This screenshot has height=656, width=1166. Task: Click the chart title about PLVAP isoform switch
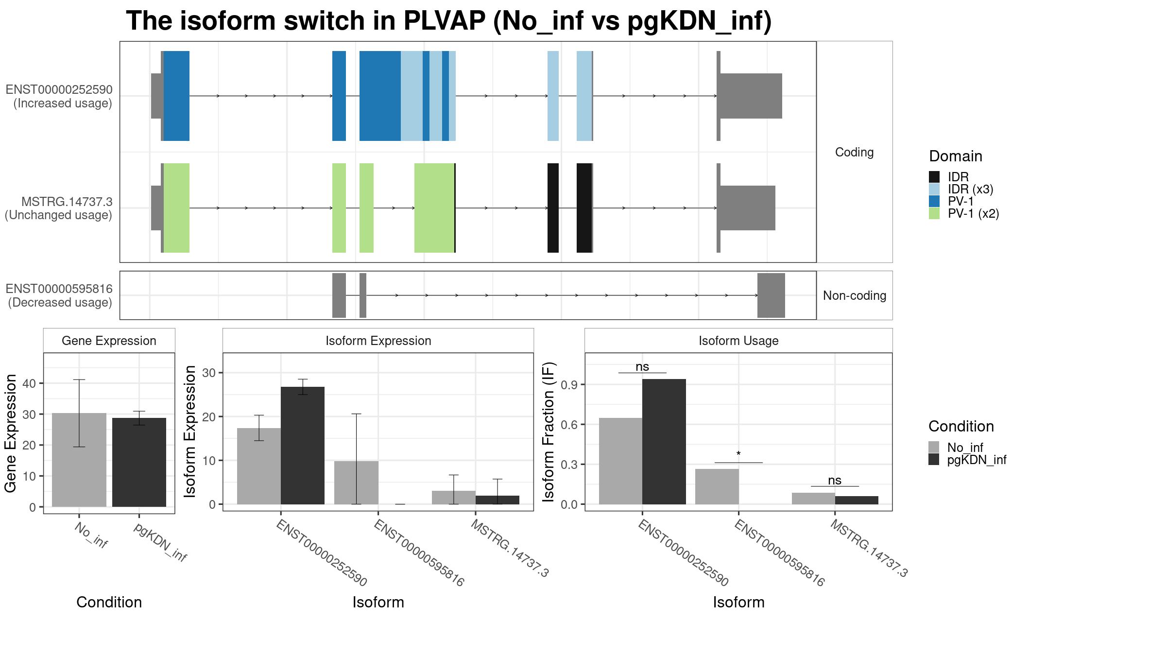point(448,21)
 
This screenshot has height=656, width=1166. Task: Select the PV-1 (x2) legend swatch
point(934,213)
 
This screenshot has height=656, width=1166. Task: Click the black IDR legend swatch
point(934,177)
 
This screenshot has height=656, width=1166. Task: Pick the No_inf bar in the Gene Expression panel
point(79,460)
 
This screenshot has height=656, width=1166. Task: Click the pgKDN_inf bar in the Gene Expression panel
point(139,462)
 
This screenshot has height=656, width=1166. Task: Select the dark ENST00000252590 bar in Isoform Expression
point(303,445)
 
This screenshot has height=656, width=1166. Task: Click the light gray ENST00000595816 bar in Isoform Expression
point(357,483)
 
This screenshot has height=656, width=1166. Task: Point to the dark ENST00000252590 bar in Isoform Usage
point(664,441)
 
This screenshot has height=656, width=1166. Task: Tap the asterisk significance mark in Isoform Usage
point(738,454)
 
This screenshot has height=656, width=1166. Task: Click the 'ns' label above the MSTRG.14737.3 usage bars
point(835,480)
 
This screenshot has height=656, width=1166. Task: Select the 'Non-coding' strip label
point(855,295)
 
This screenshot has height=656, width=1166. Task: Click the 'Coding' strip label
point(854,152)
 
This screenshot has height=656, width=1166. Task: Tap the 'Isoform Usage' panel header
point(738,341)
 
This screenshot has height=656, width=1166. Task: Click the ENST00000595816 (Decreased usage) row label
point(59,295)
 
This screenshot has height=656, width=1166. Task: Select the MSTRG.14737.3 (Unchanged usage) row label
point(59,208)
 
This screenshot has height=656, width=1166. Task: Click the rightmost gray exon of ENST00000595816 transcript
point(771,295)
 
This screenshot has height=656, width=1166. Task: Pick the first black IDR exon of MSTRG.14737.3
point(553,208)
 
